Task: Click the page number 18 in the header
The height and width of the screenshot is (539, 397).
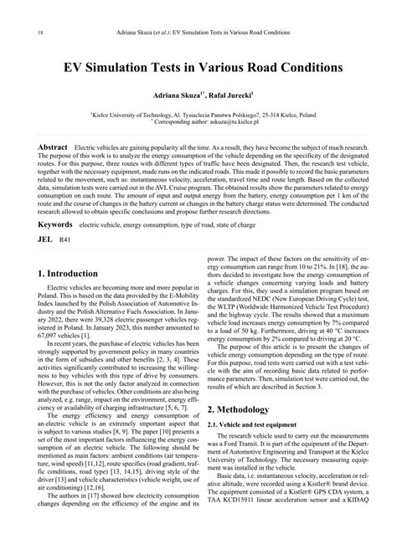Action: pos(18,33)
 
